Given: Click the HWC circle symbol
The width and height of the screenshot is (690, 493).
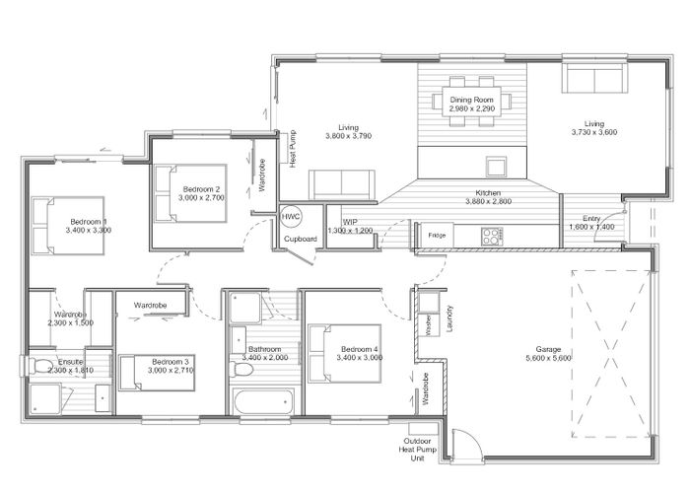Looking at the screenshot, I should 291,217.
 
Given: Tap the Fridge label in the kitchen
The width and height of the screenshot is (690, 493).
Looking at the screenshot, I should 437,236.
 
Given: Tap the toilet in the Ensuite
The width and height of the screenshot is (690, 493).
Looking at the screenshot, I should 42,368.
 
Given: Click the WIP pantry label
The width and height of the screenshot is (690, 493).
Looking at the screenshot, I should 350,222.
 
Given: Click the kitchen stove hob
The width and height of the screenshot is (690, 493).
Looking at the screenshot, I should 490,236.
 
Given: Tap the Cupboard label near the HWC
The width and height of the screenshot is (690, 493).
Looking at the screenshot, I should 301,239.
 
